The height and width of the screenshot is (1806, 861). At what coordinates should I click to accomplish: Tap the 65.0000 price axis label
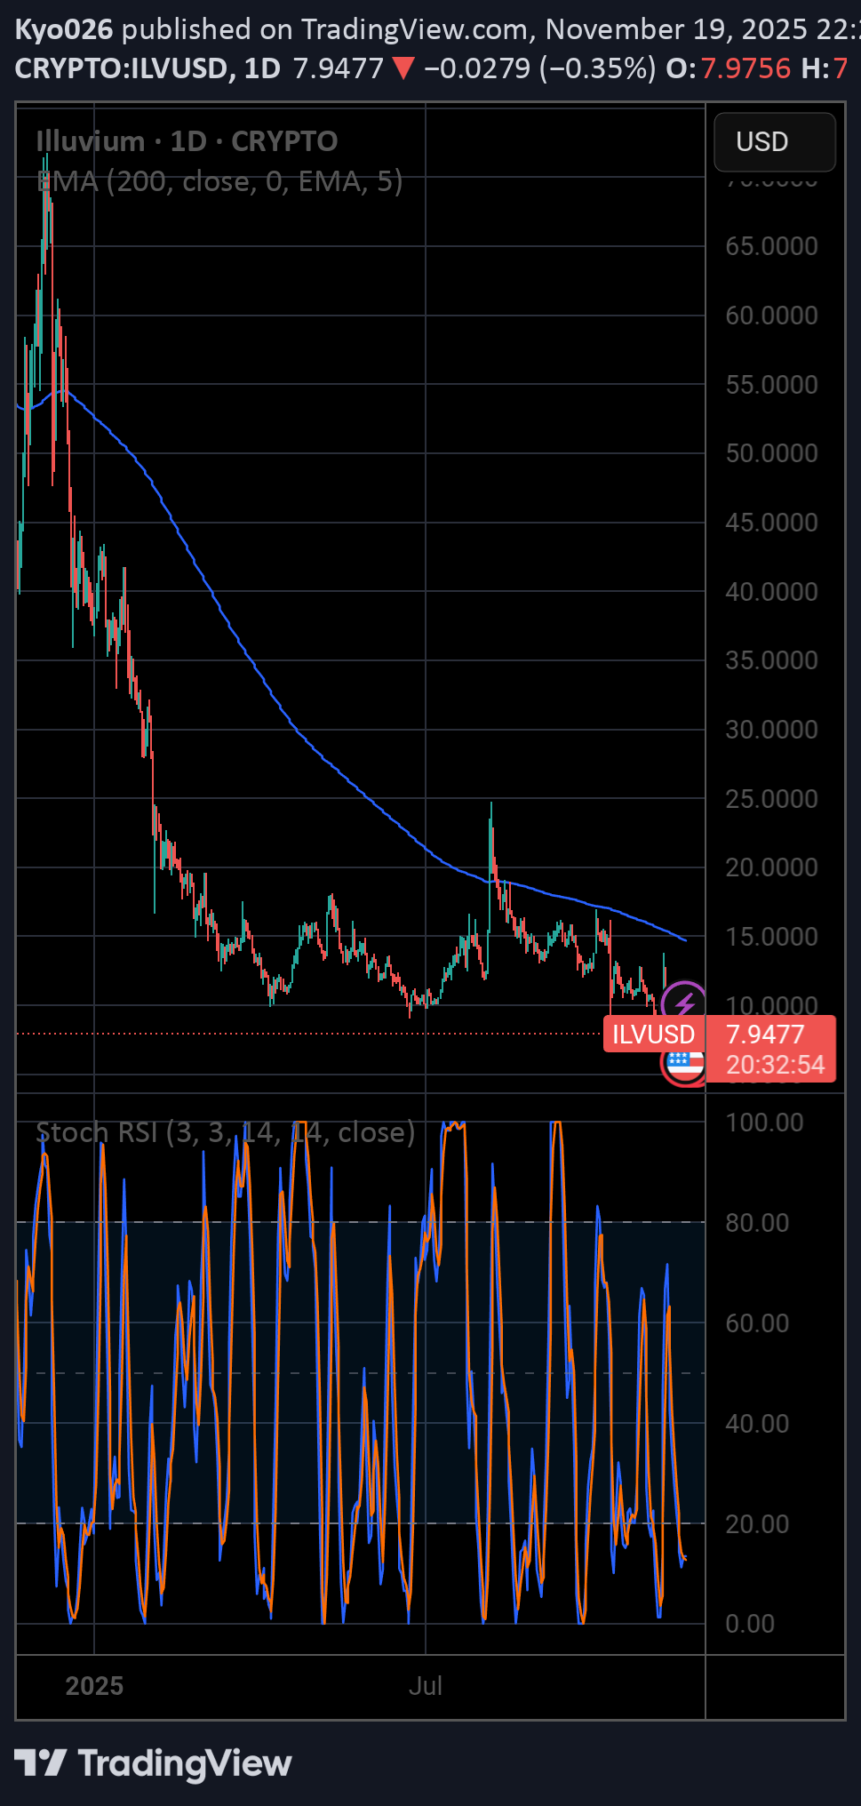[771, 246]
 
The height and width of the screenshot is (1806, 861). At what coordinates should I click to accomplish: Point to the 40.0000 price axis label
[771, 592]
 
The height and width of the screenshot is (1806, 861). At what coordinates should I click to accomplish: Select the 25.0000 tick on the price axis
[771, 799]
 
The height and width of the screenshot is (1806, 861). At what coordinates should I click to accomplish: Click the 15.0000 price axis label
[771, 937]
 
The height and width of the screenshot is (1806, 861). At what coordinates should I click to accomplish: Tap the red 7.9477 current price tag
[765, 1035]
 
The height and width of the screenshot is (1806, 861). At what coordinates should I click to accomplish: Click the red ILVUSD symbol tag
[653, 1035]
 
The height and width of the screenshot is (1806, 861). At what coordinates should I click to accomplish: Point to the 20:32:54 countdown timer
[776, 1065]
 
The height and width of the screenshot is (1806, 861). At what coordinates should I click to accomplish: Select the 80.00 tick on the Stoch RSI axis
[757, 1223]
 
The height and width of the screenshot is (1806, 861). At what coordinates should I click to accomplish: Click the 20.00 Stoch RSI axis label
[757, 1524]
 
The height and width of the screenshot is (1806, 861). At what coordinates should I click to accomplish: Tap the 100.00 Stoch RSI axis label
[764, 1123]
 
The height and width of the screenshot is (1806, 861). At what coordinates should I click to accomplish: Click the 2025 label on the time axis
[94, 1686]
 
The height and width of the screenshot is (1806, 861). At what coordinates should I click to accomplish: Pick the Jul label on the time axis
[426, 1686]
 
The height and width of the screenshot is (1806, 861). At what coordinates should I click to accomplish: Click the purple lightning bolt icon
[684, 1003]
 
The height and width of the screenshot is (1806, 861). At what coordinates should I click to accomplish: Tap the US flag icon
[683, 1063]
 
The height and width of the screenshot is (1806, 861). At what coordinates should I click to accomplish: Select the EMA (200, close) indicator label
[219, 181]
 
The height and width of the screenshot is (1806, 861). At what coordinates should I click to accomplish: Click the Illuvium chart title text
[90, 141]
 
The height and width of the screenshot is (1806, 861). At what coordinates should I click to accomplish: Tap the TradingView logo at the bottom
[153, 1764]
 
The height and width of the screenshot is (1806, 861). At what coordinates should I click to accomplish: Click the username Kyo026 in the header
[64, 29]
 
